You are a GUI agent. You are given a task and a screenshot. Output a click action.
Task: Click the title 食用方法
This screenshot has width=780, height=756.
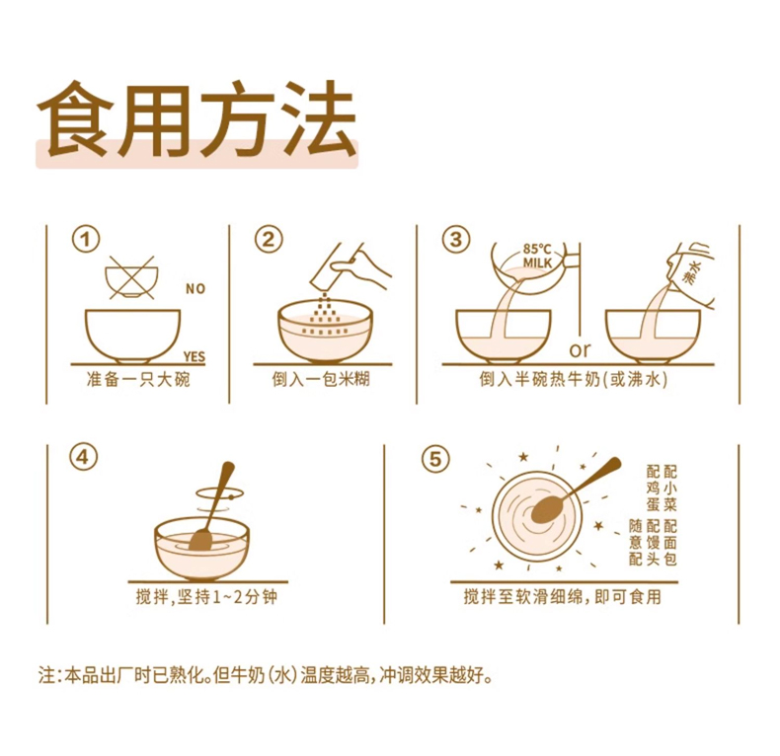point(196,119)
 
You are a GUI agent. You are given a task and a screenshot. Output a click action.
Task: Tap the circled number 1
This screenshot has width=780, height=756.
point(86,240)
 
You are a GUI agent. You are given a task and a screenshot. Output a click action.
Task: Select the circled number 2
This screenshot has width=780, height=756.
point(269,240)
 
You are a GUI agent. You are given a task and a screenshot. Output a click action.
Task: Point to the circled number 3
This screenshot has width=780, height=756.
point(456,240)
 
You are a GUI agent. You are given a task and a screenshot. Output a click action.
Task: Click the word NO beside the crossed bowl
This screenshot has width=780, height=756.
point(195,288)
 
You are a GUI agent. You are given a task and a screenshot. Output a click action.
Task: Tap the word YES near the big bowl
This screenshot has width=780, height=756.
point(194,356)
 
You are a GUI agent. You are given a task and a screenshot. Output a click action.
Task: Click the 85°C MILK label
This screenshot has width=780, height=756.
point(537,256)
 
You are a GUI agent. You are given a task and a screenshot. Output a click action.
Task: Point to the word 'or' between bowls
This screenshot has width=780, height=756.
point(580,349)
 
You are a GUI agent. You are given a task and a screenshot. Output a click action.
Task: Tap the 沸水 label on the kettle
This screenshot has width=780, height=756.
point(692,274)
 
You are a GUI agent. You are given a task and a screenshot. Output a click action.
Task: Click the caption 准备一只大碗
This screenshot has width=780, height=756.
point(138,380)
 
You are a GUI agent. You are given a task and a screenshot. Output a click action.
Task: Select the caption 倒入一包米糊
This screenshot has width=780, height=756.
point(321,380)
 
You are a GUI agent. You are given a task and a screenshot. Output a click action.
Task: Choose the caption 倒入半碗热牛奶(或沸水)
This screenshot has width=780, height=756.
point(574,380)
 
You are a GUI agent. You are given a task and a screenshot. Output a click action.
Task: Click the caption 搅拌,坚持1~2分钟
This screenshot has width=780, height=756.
point(206,597)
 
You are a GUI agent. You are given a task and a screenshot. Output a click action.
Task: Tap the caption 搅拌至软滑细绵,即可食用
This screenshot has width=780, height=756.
point(563,596)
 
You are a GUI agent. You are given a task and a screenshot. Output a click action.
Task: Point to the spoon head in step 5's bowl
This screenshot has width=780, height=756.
point(546,511)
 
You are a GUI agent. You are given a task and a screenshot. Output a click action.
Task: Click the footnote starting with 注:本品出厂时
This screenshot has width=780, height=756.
point(266,676)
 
